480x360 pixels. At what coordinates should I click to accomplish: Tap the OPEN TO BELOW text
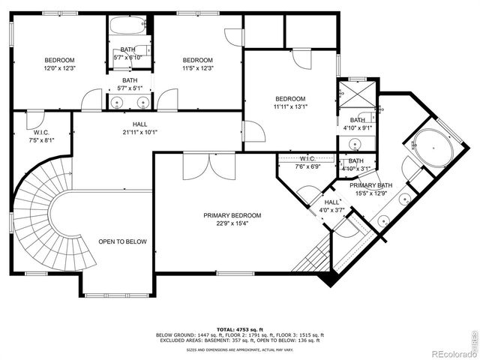[x=122, y=241]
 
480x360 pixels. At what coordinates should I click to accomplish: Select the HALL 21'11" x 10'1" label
[x=140, y=128]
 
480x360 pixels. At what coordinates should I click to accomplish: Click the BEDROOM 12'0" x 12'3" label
[x=59, y=64]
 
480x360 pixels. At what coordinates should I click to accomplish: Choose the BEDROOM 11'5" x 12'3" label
[x=198, y=64]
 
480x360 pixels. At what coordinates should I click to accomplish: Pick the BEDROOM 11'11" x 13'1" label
[x=290, y=103]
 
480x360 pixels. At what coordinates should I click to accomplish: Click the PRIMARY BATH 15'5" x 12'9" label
[x=371, y=189]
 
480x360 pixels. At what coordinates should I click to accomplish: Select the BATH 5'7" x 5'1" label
[x=130, y=84]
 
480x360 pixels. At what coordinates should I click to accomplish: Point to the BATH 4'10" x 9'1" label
[x=357, y=124]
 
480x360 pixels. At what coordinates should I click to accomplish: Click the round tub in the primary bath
[x=431, y=148]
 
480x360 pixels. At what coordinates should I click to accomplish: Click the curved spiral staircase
[x=41, y=217]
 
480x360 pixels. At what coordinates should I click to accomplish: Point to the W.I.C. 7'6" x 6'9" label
[x=307, y=163]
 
